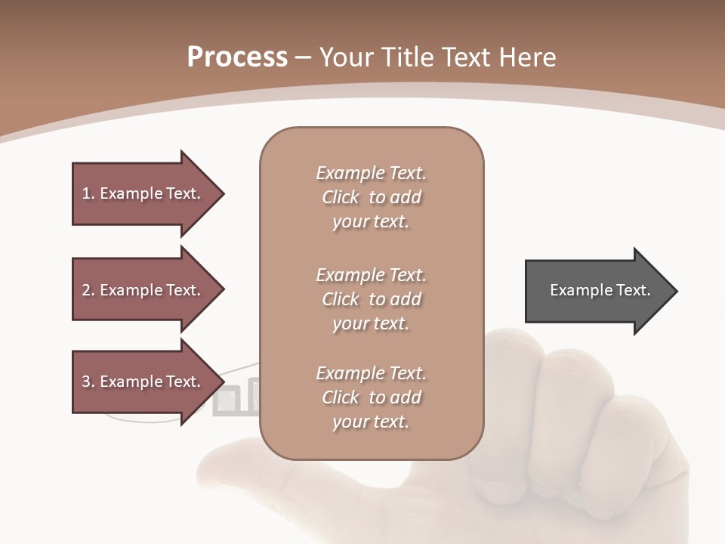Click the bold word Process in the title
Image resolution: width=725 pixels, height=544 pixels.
237,57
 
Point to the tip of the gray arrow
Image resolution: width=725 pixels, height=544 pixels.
676,291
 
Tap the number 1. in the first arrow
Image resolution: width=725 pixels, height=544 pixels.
88,193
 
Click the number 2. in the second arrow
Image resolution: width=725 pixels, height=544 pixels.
88,290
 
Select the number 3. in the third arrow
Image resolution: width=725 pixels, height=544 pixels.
88,382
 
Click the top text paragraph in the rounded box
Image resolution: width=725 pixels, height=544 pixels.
371,197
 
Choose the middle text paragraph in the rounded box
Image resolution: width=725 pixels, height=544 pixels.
371,299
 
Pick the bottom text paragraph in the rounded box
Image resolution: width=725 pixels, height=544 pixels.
371,397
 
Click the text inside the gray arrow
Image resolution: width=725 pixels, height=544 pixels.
600,290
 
